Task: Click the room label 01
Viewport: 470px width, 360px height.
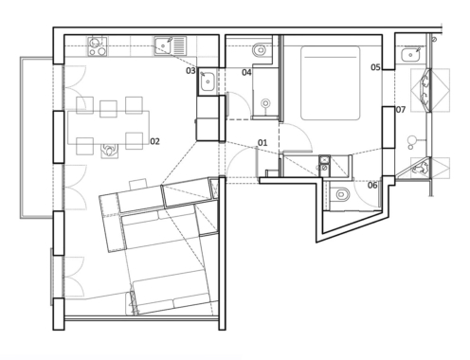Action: point(262,143)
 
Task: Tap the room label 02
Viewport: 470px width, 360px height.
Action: point(154,141)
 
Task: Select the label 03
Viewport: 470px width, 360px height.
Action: point(190,71)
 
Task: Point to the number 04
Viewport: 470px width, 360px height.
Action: point(246,72)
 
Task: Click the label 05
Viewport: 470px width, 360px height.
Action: point(375,67)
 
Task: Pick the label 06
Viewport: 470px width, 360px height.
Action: point(372,185)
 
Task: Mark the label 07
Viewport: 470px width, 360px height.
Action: point(401,110)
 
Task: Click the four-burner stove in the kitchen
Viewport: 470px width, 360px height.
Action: point(98,46)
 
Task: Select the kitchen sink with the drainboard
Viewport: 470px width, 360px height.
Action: point(171,46)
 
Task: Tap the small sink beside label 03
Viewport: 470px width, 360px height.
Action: point(208,81)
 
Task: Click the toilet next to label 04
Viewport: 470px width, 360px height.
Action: point(262,49)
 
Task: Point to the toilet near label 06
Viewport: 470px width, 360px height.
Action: point(340,194)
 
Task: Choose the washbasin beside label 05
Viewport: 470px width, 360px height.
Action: point(411,55)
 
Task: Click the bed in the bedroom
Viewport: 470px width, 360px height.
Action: point(330,83)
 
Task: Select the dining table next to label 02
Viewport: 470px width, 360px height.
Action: point(109,127)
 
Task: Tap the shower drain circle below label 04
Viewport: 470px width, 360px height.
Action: point(266,103)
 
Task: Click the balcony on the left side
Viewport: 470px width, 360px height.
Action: point(36,137)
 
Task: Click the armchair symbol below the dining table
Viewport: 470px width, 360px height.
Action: point(109,151)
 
